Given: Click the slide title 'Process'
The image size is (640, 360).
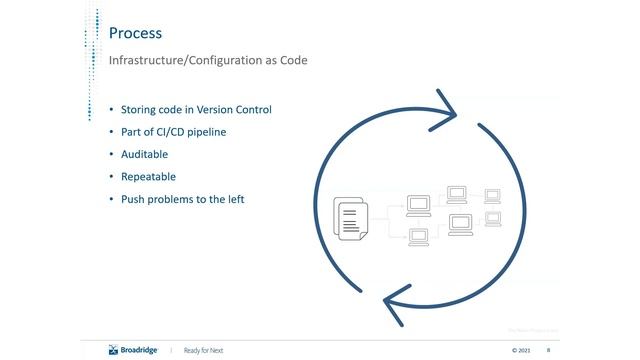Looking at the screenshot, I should coord(135,33).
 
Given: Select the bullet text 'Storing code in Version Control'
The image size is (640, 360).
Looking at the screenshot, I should coord(196,109).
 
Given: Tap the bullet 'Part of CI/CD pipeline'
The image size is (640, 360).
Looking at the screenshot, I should coord(174,132).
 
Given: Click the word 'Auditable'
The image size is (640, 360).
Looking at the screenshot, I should coord(144,154).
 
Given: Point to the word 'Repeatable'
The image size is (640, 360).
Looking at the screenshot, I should coord(148,177).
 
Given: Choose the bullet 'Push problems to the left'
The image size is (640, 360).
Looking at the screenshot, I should coord(183,199).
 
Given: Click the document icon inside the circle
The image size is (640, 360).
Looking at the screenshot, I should coord(349,218).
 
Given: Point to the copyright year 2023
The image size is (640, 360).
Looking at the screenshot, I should coord(521,350).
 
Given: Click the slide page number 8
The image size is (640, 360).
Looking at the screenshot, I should coord(549,350).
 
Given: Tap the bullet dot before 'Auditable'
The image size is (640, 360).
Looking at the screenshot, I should coord(111,154).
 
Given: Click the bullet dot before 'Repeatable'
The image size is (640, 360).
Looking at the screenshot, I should coord(111,177).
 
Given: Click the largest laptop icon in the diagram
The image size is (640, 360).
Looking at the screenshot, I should coord(461,224).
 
